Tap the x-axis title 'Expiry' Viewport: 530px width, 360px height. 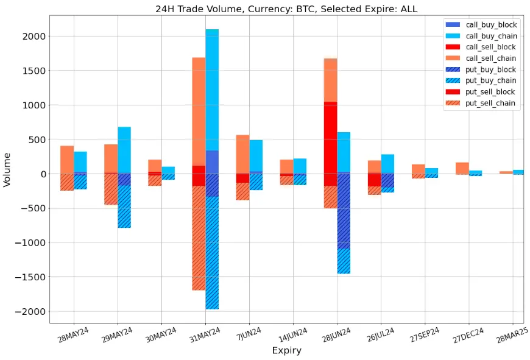click(286, 351)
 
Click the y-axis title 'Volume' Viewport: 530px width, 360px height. click(7, 169)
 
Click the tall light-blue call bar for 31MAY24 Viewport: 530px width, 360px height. click(212, 91)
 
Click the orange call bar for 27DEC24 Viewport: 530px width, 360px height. click(462, 168)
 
